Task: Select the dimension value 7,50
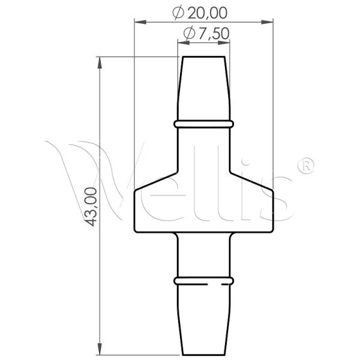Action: click(x=214, y=34)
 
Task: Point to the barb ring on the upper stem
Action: click(x=203, y=124)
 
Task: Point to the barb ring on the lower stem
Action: click(x=203, y=280)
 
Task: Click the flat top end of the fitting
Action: click(x=203, y=58)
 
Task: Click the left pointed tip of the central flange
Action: click(x=133, y=191)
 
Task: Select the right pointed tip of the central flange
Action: click(x=274, y=191)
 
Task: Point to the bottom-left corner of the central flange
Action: click(x=134, y=232)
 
